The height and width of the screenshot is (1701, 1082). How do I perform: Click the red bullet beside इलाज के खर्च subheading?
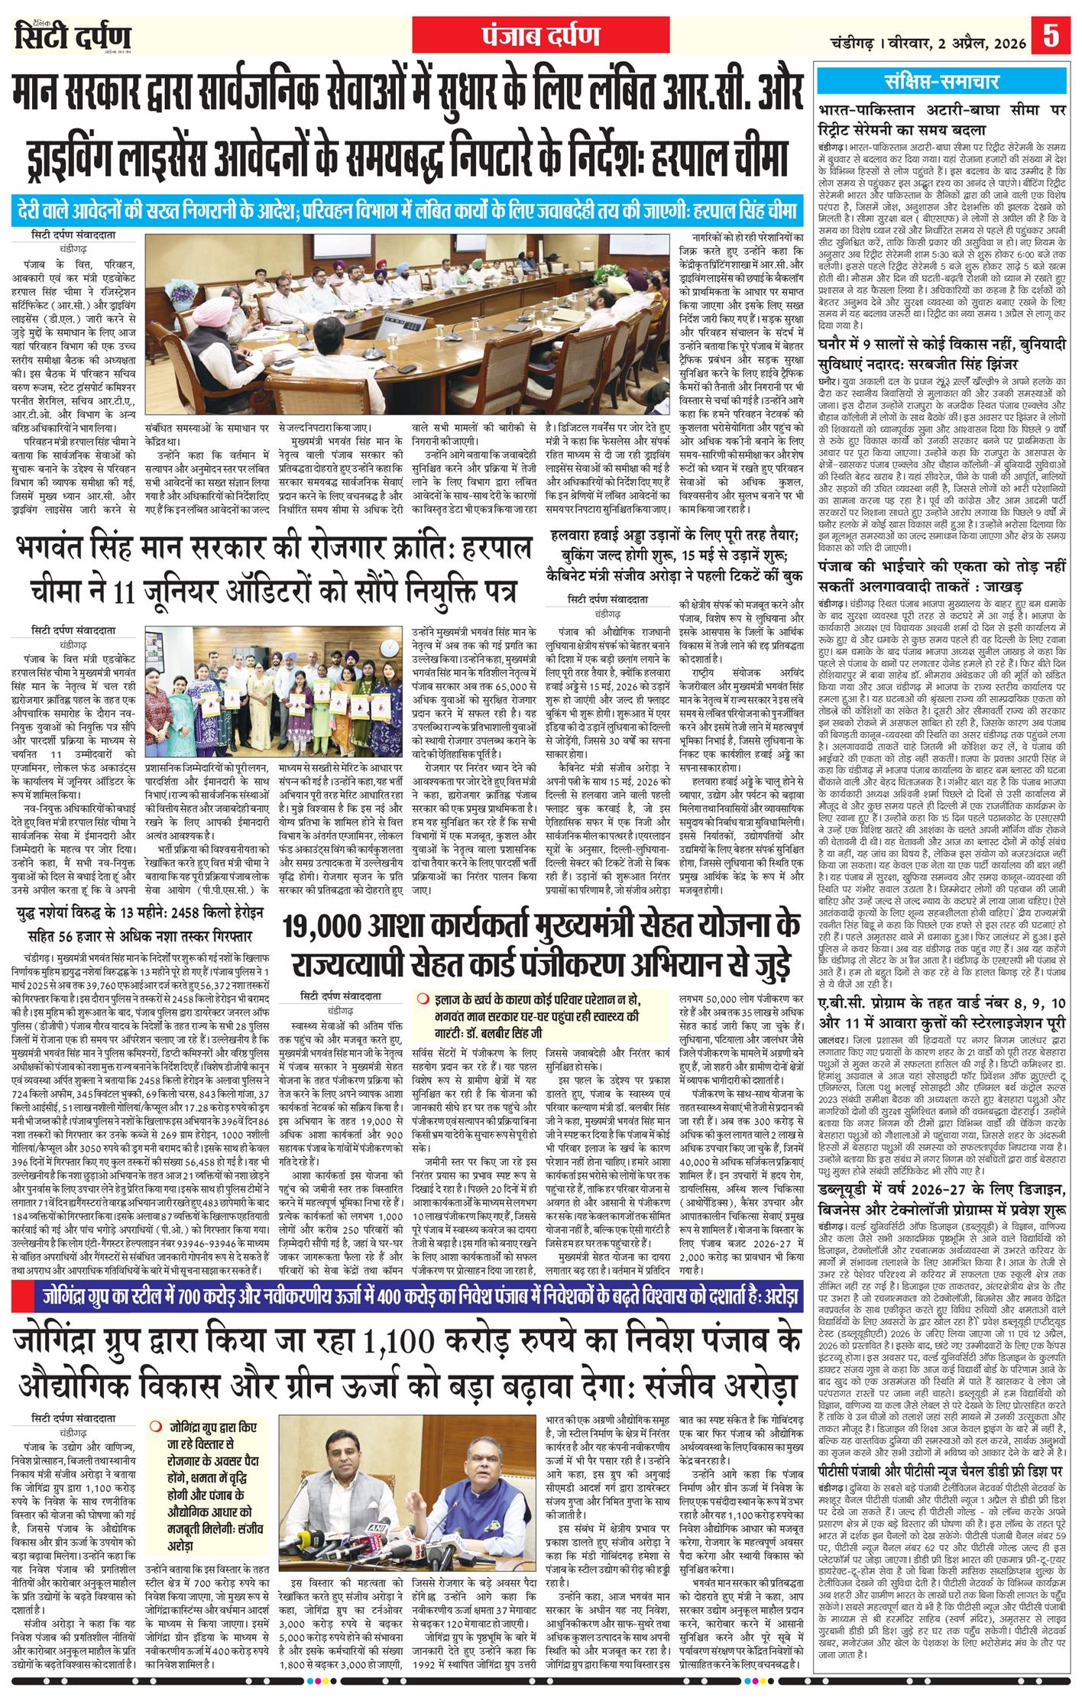pyautogui.click(x=423, y=1000)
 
